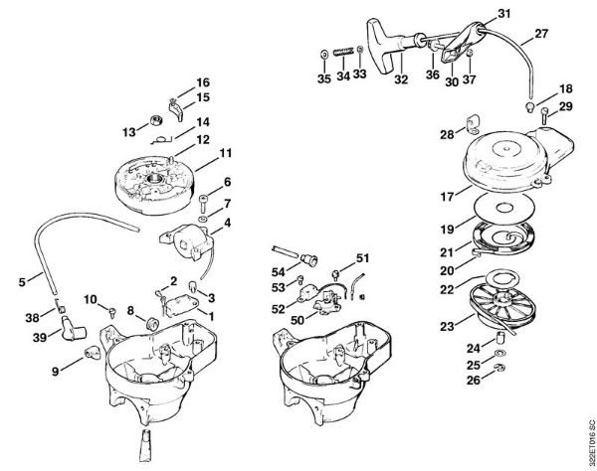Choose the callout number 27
540,35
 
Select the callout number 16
203,81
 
